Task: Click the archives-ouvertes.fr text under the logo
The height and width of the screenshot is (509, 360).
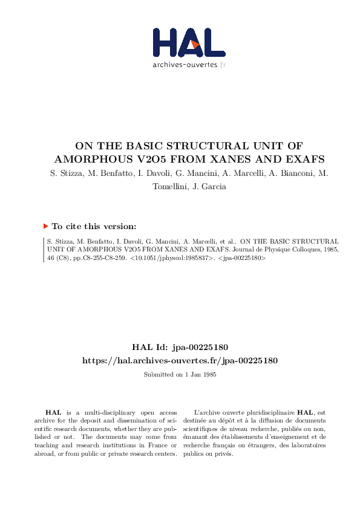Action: pos(189,65)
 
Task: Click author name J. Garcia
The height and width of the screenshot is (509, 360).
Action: pos(210,187)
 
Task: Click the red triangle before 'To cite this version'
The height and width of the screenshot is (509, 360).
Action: pos(45,226)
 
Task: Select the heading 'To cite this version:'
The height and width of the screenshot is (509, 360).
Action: pos(94,227)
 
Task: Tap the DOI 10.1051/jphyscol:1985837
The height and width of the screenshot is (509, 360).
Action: pos(180,257)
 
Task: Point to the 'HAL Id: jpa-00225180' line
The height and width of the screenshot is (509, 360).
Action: pos(180,347)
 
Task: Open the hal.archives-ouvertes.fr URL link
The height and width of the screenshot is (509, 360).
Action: pos(180,360)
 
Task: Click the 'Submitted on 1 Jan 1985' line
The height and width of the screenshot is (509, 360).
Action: pos(180,375)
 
